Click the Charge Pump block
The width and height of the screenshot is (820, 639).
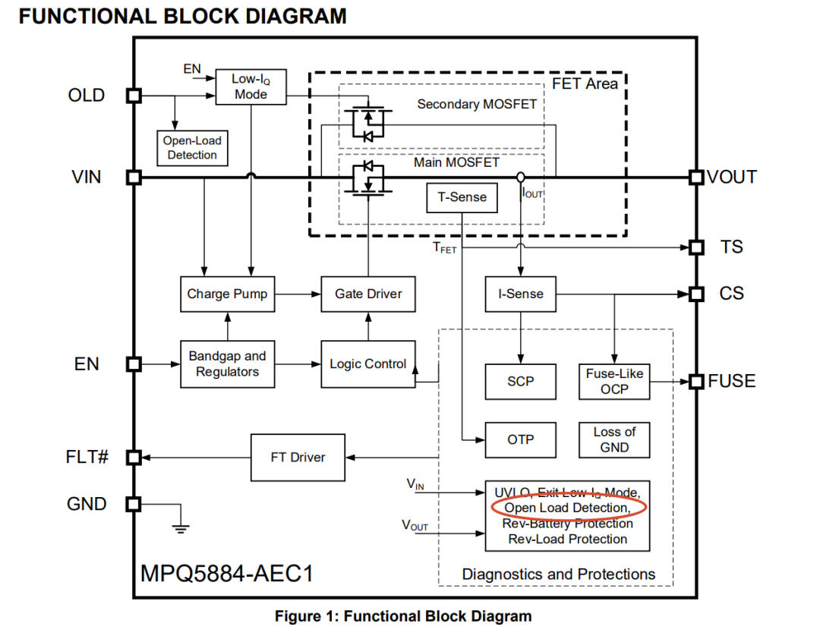228,294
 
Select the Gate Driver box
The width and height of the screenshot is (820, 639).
368,294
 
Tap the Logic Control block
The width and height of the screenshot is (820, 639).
368,364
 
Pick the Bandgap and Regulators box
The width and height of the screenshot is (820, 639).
228,364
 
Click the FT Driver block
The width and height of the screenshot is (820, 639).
298,458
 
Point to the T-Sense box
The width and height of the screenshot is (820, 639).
462,197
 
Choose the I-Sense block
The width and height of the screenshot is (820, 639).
520,294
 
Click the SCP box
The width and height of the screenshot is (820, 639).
520,382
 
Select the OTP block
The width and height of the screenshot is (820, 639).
520,440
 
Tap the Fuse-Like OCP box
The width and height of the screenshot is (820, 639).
614,382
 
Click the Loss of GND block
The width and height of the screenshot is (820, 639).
614,440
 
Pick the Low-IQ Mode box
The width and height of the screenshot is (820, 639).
251,87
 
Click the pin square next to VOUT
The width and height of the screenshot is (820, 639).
696,178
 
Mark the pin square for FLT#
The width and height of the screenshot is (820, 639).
134,458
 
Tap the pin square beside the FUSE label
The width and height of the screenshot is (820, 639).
696,382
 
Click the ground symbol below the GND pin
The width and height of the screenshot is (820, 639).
181,529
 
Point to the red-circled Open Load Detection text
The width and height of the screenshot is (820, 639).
568,508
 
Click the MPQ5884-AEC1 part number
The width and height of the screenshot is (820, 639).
227,574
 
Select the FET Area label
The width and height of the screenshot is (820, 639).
585,83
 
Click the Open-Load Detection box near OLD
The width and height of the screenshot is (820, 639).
192,148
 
